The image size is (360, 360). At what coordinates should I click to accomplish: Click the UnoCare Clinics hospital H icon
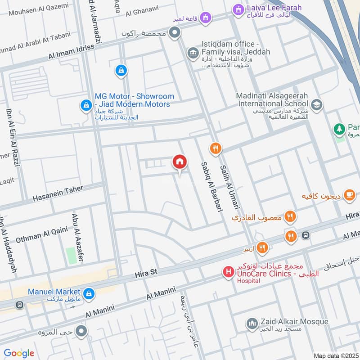pos(228,272)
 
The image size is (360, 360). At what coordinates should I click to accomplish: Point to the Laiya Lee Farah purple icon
pos(238,9)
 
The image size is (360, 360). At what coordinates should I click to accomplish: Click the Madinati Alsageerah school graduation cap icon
pos(317,104)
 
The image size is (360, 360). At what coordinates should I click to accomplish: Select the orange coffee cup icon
pos(349,195)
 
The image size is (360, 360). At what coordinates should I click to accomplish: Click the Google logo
pos(19,353)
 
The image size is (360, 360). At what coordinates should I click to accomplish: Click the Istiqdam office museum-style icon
pos(193,53)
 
